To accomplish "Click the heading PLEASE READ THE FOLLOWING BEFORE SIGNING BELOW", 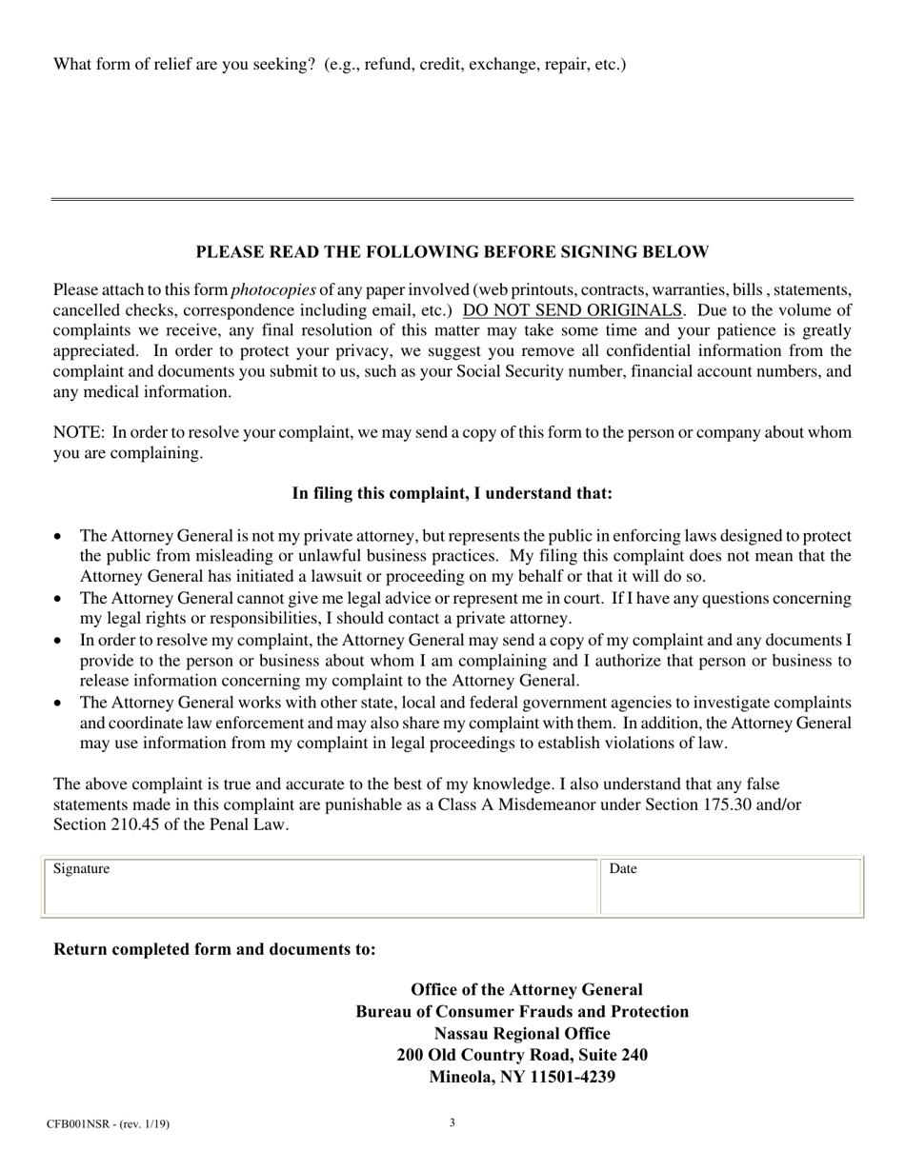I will pyautogui.click(x=452, y=252).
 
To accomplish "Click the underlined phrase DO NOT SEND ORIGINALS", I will pyautogui.click(x=573, y=310).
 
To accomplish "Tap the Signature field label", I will pyautogui.click(x=82, y=868).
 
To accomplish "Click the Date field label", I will pyautogui.click(x=623, y=868).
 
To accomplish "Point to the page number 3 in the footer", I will pyautogui.click(x=452, y=1122).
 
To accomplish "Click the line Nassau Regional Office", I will pyautogui.click(x=522, y=1034).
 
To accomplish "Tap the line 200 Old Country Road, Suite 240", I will pyautogui.click(x=522, y=1056).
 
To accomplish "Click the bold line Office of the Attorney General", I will pyautogui.click(x=526, y=990).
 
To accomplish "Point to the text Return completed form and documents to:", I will pyautogui.click(x=214, y=949).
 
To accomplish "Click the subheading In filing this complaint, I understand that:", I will pyautogui.click(x=452, y=493).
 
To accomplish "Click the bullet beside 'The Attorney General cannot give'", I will pyautogui.click(x=59, y=599).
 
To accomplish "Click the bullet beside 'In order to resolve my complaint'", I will pyautogui.click(x=59, y=641).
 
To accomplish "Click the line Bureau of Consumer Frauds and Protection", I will pyautogui.click(x=522, y=1012).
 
